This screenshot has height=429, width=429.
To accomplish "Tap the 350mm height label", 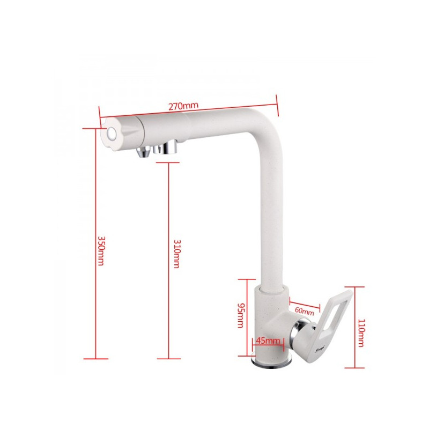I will (100, 250).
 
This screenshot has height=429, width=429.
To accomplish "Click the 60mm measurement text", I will (304, 311).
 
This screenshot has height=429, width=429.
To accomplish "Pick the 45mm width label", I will (267, 341).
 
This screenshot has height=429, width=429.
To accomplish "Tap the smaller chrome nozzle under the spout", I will (143, 152).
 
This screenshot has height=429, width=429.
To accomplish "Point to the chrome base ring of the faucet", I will (273, 365).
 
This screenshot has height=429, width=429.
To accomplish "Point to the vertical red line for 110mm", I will (351, 327).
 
